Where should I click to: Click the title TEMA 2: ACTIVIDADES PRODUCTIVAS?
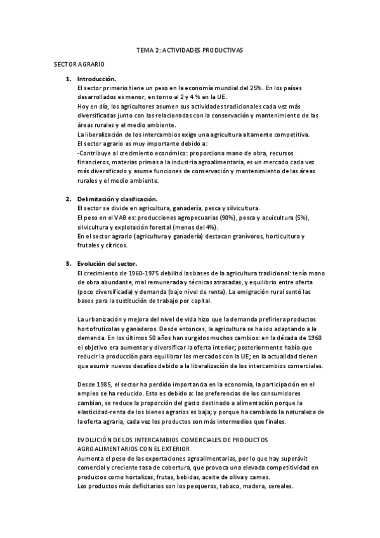190,49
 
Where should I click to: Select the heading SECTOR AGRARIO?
79,65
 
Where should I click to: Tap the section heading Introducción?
96,79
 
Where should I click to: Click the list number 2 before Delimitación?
68,199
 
